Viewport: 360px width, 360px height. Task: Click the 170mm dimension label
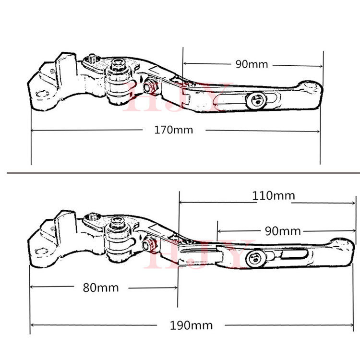[x=174, y=130]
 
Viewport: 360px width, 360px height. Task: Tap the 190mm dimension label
[x=191, y=325]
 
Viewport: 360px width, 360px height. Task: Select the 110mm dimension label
[x=274, y=196]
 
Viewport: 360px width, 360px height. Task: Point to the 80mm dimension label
[x=101, y=288]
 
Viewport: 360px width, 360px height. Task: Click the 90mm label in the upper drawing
[x=252, y=64]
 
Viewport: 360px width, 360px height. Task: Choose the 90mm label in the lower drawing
[x=283, y=231]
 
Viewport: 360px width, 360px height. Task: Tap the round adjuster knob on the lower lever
[x=255, y=258]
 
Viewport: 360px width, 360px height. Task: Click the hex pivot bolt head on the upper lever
[x=118, y=63]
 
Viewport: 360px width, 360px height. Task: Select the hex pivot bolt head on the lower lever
[x=117, y=222]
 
